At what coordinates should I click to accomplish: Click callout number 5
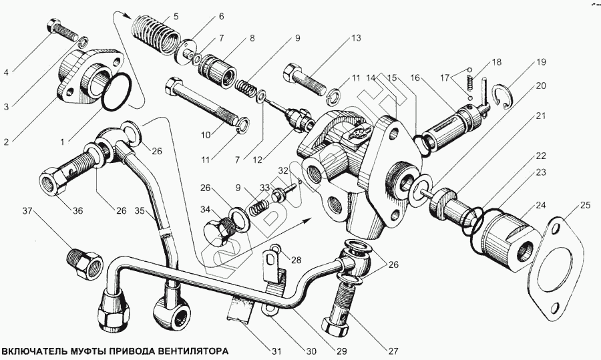tap(176, 15)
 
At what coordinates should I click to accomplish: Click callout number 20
tap(540, 85)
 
